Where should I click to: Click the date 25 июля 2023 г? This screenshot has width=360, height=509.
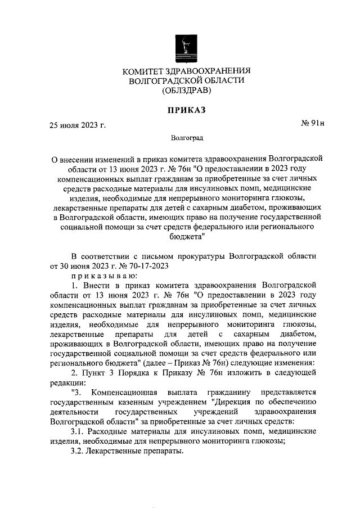(77, 125)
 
